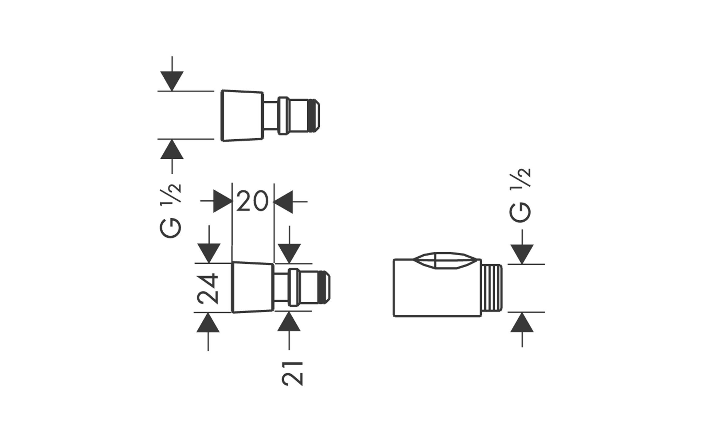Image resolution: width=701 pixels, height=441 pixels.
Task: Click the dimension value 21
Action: point(292,373)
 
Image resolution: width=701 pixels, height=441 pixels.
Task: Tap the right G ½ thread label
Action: point(520,195)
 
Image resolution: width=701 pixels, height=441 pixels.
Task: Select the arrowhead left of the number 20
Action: point(223,201)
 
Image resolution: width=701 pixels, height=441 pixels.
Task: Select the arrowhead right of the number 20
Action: point(283,202)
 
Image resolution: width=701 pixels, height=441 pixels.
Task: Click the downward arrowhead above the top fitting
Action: point(172,81)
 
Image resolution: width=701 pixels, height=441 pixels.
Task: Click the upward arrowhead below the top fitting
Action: point(172,149)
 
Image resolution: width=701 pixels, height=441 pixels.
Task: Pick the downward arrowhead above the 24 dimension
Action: point(209,253)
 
